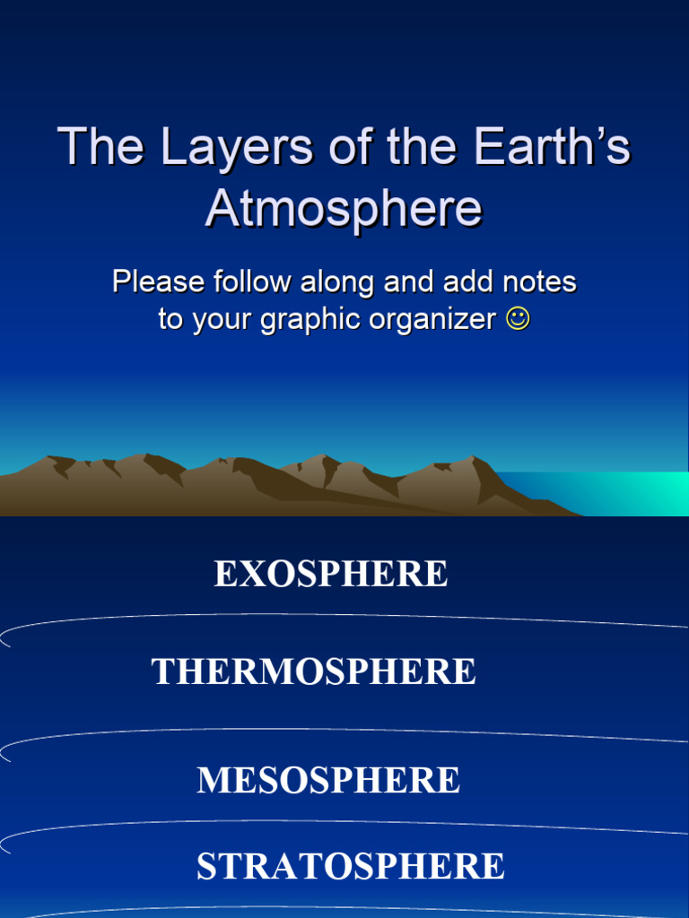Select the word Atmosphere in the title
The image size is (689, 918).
[x=344, y=209]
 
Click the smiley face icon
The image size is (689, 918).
[x=518, y=318]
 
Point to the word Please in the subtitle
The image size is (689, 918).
[x=158, y=282]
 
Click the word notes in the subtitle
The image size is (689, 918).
[x=538, y=282]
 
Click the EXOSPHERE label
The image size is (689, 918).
[x=330, y=575]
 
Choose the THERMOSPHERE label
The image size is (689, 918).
[x=314, y=672]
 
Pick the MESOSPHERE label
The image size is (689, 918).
[x=328, y=781]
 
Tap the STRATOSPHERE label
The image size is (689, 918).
[x=350, y=867]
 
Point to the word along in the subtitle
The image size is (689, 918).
[x=338, y=282]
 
